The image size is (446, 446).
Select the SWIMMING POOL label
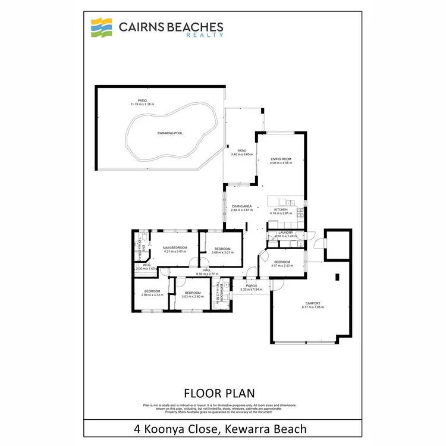(169, 133)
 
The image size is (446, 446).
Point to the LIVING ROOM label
(281, 159)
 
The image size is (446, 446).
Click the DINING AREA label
(242, 206)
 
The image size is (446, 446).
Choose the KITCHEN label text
(281, 210)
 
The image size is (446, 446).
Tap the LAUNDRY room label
(285, 233)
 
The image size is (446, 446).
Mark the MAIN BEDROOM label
(175, 247)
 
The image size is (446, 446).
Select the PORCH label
(251, 285)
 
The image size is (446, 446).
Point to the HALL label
(207, 271)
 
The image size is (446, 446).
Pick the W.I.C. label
(140, 265)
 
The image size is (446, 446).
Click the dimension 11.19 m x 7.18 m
(143, 105)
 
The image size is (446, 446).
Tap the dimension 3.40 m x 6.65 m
(242, 155)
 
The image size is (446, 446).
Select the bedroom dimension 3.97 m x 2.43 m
(282, 266)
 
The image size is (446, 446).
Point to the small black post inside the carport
(337, 277)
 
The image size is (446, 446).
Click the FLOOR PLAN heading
(219, 393)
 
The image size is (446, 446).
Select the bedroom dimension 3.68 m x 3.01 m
(222, 252)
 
